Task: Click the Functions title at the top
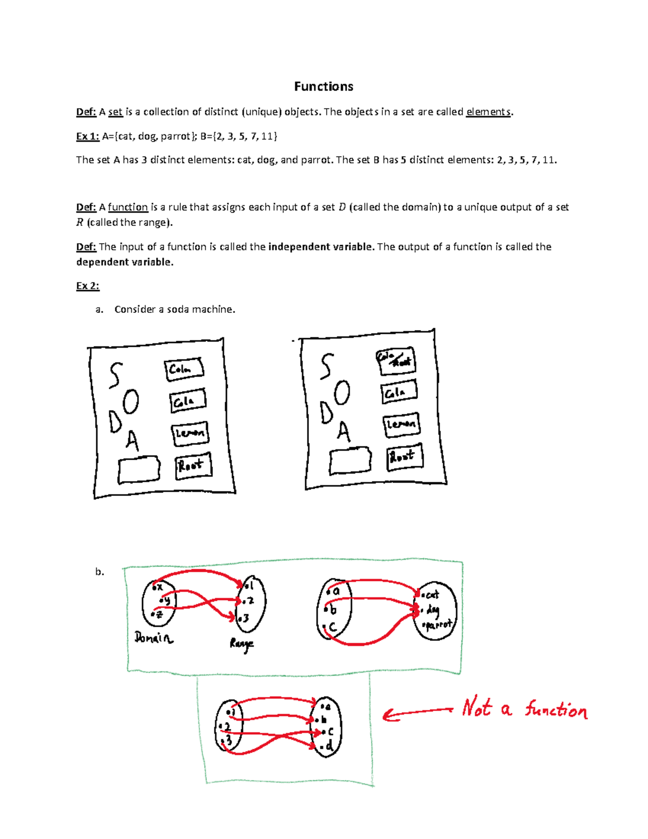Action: pyautogui.click(x=323, y=86)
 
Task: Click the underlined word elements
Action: pyautogui.click(x=488, y=112)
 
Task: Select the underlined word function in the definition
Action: pyautogui.click(x=128, y=207)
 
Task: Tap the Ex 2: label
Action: pyautogui.click(x=87, y=286)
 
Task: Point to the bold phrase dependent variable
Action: pyautogui.click(x=125, y=262)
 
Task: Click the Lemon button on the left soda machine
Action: pyautogui.click(x=190, y=433)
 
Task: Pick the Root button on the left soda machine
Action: pyautogui.click(x=193, y=466)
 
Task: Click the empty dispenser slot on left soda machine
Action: pyautogui.click(x=139, y=469)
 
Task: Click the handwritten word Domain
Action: pyautogui.click(x=154, y=638)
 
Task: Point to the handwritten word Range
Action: pyautogui.click(x=241, y=644)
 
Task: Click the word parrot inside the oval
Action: pyautogui.click(x=438, y=625)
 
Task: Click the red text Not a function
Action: pyautogui.click(x=524, y=708)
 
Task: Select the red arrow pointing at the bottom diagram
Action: pyautogui.click(x=417, y=713)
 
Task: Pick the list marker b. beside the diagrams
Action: pyautogui.click(x=99, y=572)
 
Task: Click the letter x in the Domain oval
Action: pyautogui.click(x=159, y=587)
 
